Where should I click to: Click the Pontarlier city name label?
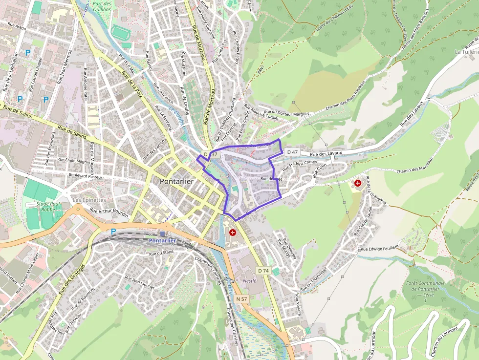[x=176, y=181]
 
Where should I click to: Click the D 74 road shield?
[x=263, y=271]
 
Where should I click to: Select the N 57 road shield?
[x=241, y=299]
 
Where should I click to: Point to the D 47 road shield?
[x=292, y=152]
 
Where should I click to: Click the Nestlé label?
[x=249, y=281]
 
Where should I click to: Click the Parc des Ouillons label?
[x=101, y=6]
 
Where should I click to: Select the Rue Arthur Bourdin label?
[x=109, y=213]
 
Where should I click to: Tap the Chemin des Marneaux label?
[x=415, y=165]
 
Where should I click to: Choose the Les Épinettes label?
[x=89, y=200]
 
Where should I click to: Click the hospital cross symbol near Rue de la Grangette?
[x=358, y=183]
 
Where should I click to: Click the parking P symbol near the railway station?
[x=113, y=232]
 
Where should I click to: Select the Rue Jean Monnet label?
[x=140, y=282]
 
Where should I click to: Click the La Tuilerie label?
[x=466, y=52]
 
